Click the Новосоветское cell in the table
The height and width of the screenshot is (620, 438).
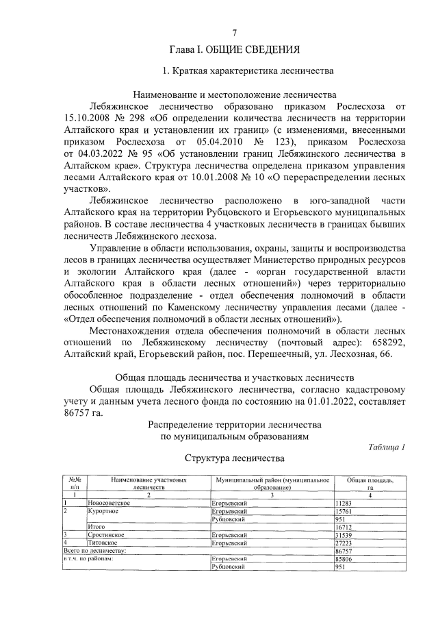click(x=109, y=503)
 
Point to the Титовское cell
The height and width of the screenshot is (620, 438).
click(x=103, y=542)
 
